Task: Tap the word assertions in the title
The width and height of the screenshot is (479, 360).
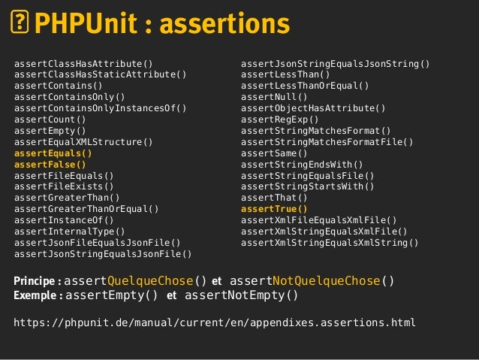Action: [x=224, y=25]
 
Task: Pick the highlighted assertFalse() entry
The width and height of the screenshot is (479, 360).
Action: [x=50, y=164]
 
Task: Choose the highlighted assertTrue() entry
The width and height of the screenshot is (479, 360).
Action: [x=274, y=209]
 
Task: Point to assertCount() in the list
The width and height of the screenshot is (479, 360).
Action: [x=50, y=119]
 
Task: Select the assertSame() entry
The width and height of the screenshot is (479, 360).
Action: [x=274, y=153]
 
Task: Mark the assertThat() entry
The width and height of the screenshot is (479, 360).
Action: [x=274, y=198]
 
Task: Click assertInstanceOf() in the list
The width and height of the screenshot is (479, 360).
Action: [x=64, y=220]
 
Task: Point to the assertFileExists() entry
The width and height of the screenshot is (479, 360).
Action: [x=64, y=186]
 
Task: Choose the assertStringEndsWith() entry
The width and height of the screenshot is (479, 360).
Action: [x=302, y=164]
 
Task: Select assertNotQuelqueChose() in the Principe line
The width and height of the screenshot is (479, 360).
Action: [x=312, y=282]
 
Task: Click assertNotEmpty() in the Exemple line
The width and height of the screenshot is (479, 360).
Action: [x=241, y=295]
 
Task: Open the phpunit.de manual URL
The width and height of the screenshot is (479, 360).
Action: [x=215, y=323]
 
